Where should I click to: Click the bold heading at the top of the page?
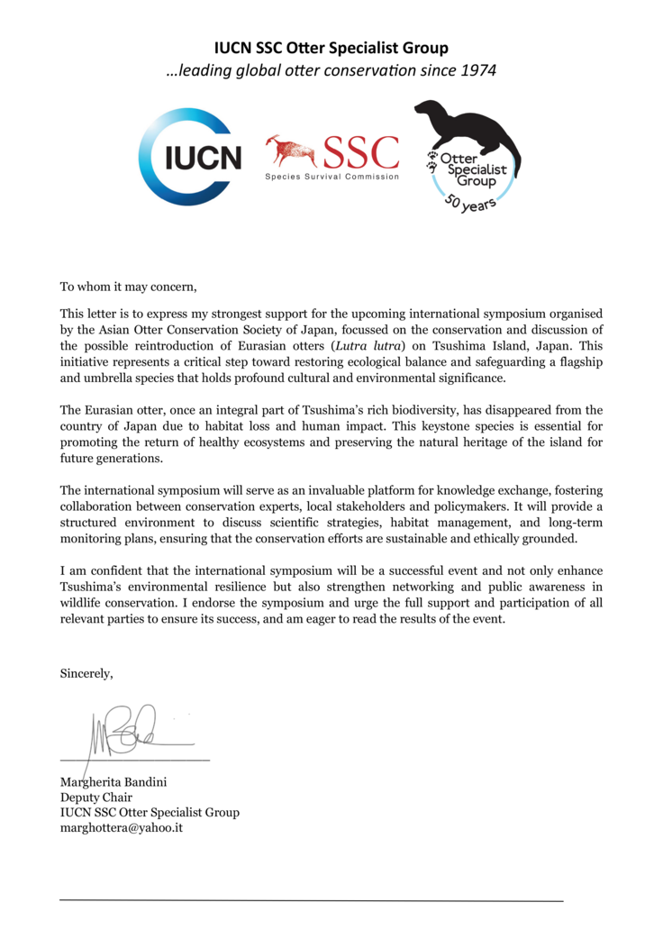(331, 48)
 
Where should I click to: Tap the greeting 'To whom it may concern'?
(127, 287)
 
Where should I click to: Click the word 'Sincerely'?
(86, 672)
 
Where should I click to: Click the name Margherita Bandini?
(114, 780)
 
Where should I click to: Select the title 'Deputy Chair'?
(95, 797)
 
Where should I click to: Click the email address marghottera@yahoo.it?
(122, 827)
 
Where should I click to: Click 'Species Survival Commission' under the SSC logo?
(331, 177)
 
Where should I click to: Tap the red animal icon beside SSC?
(290, 150)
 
